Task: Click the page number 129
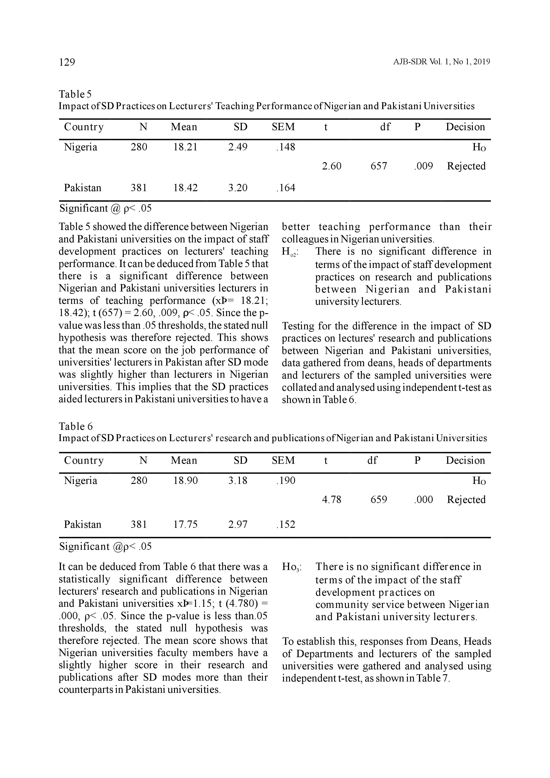pyautogui.click(x=67, y=62)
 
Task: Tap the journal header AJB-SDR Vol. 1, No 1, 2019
pyautogui.click(x=441, y=62)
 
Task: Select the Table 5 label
pyautogui.click(x=75, y=94)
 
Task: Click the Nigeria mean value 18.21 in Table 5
pyautogui.click(x=185, y=147)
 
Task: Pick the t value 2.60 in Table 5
pyautogui.click(x=332, y=166)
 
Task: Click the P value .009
pyautogui.click(x=423, y=166)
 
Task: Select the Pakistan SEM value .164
pyautogui.click(x=286, y=188)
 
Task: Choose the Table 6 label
pyautogui.click(x=76, y=426)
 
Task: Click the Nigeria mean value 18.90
pyautogui.click(x=186, y=481)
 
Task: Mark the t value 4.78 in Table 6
pyautogui.click(x=332, y=499)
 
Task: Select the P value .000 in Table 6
pyautogui.click(x=423, y=499)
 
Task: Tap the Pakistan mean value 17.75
pyautogui.click(x=186, y=525)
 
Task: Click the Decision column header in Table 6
pyautogui.click(x=465, y=460)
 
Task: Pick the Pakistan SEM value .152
pyautogui.click(x=286, y=525)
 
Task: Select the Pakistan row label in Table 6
pyautogui.click(x=83, y=525)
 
